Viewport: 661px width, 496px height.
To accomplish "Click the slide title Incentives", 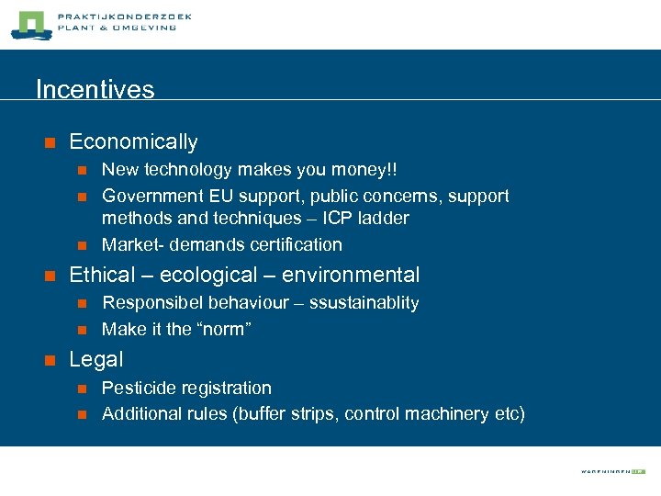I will (95, 89).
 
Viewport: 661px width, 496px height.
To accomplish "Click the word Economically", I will (133, 141).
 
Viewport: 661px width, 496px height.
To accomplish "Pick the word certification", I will (294, 244).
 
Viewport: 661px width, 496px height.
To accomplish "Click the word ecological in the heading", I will (183, 275).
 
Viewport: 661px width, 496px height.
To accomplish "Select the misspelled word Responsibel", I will (153, 303).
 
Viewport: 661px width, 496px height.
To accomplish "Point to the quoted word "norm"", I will (221, 329).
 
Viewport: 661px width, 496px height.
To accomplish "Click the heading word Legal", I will (95, 359).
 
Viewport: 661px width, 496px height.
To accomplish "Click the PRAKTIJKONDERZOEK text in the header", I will (124, 17).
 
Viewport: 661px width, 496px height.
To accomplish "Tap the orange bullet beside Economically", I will (50, 142).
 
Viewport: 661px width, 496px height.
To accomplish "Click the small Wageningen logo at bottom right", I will (613, 471).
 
